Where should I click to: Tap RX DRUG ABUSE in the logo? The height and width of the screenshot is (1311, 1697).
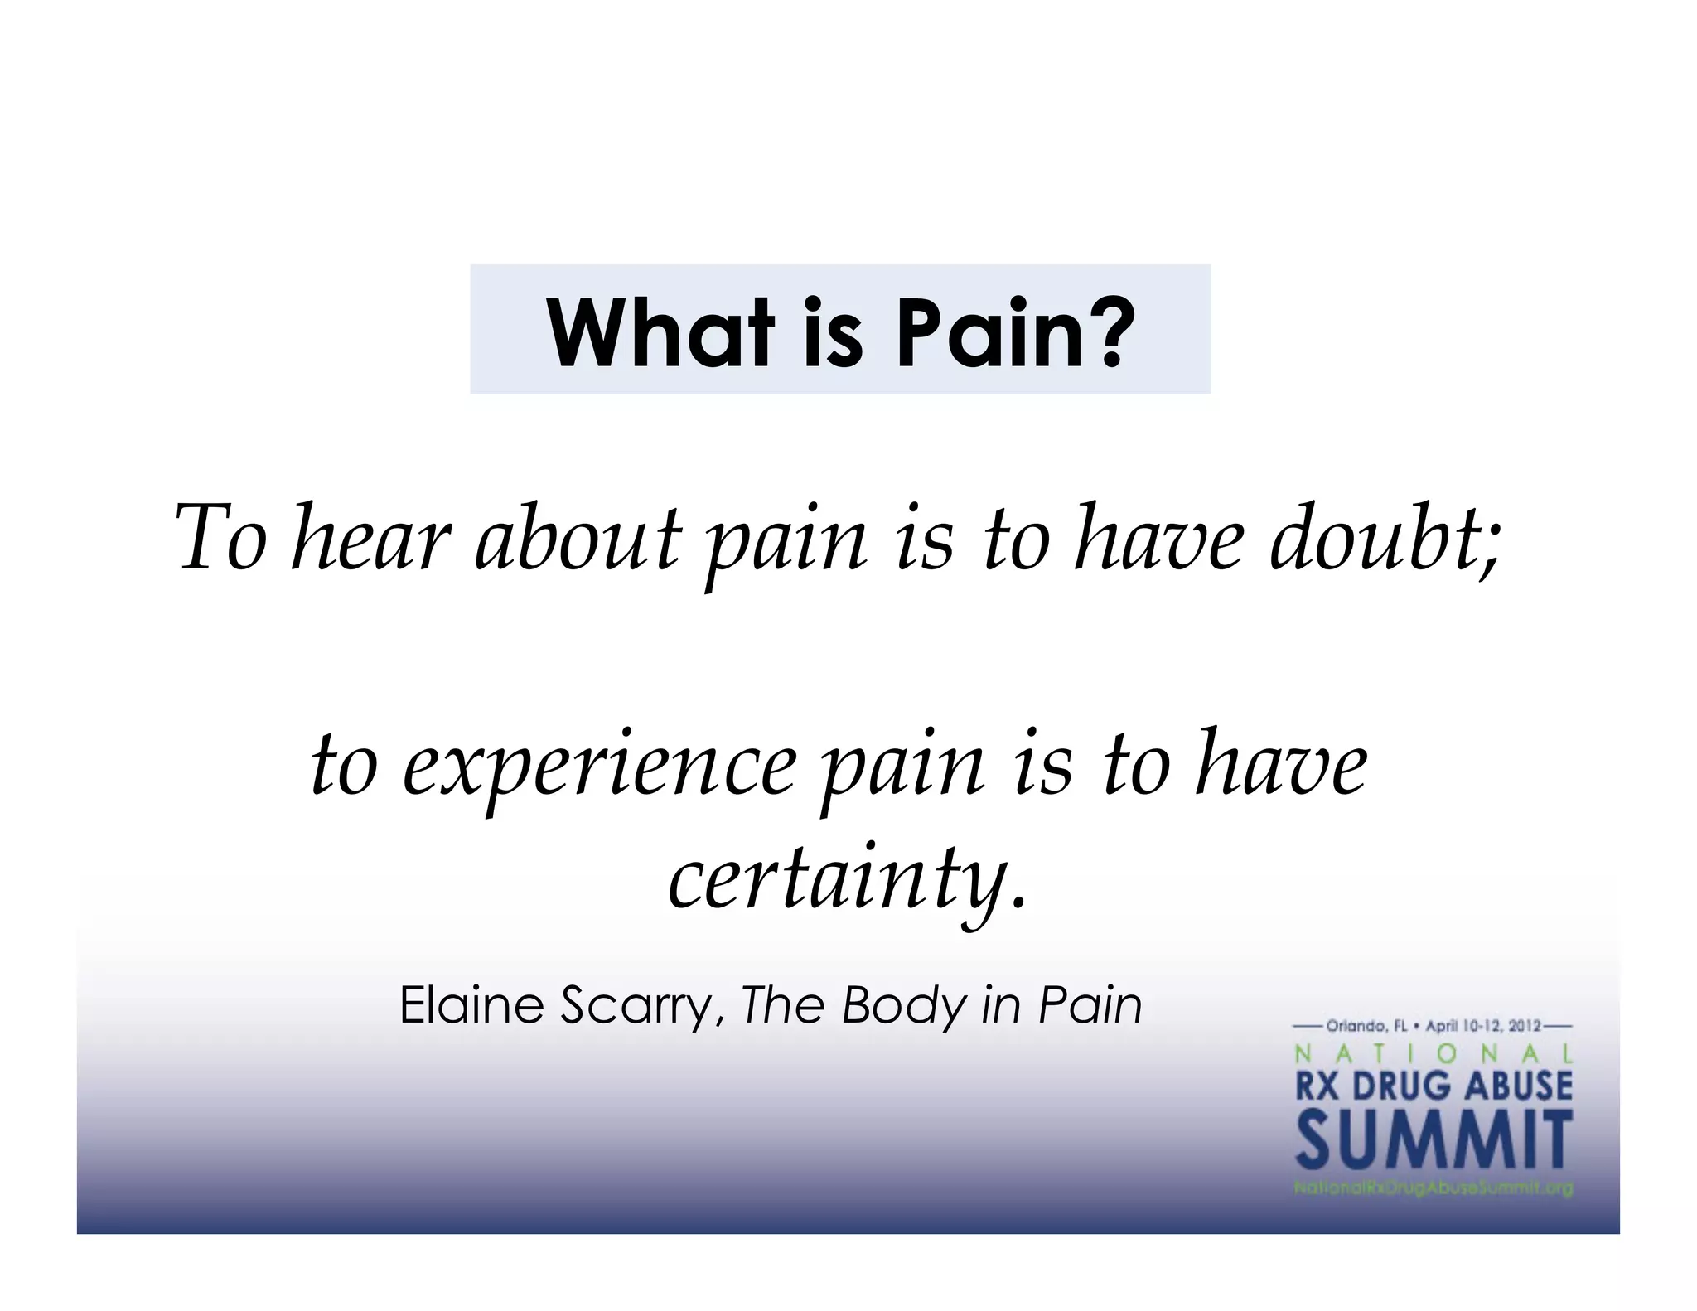(x=1434, y=1086)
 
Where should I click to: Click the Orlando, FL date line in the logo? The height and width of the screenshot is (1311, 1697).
(x=1434, y=1026)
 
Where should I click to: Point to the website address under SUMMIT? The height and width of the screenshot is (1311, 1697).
(x=1434, y=1188)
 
